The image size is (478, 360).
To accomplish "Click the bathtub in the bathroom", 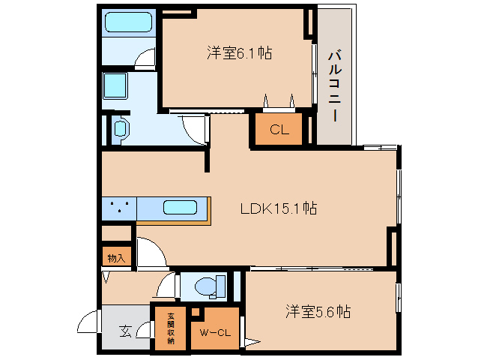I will click(x=127, y=22).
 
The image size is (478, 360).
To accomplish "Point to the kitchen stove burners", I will click(x=118, y=208).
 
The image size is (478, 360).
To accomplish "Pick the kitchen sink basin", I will click(x=180, y=208).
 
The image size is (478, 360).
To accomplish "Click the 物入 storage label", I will click(x=116, y=258).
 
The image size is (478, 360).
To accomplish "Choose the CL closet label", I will click(x=279, y=129).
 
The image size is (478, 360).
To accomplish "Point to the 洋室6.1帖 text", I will click(x=239, y=53).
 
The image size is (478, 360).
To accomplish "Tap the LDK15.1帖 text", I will click(x=278, y=208).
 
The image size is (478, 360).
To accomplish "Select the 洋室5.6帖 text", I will click(x=318, y=310).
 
